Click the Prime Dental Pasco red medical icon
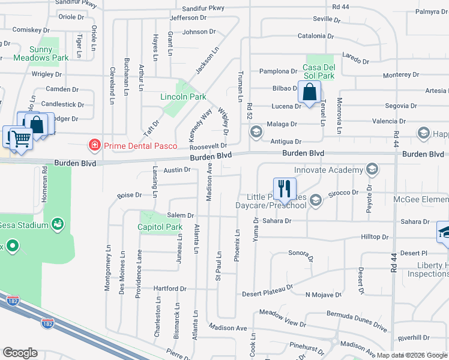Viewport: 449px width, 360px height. click(94, 145)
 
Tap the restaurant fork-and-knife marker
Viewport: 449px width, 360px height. click(285, 188)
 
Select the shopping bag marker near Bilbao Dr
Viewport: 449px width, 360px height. click(310, 93)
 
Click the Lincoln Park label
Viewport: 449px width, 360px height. click(183, 97)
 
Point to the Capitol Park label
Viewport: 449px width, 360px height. click(160, 227)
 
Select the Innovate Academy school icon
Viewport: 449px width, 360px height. click(372, 170)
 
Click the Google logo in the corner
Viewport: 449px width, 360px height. click(20, 353)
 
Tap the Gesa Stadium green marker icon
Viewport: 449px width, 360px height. click(58, 225)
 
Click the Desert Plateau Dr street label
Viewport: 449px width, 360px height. click(267, 294)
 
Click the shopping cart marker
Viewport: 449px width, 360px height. click(21, 139)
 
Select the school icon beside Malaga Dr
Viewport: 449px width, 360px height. click(256, 132)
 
